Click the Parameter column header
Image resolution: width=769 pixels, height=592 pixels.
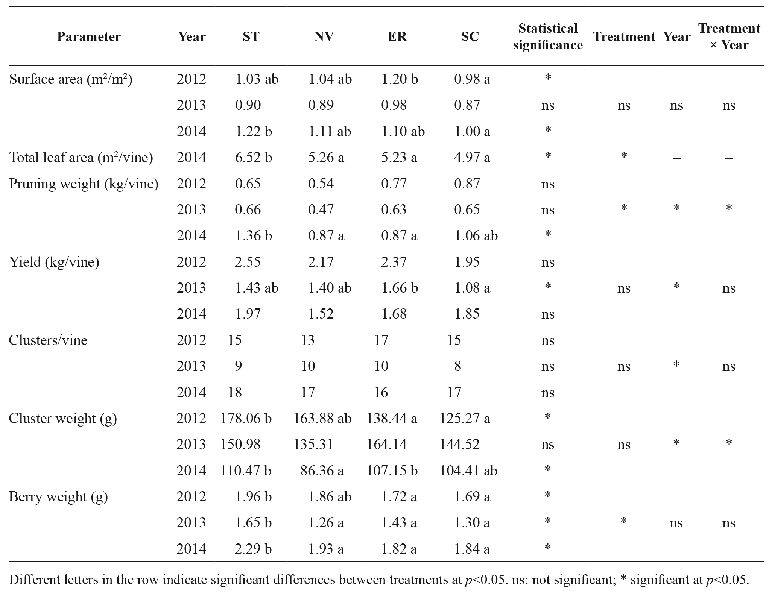(89, 37)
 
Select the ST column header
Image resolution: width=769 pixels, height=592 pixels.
(251, 37)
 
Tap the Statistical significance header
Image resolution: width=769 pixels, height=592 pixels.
(548, 37)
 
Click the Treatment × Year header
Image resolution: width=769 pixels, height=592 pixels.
(729, 37)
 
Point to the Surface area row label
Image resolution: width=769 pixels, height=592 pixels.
(71, 79)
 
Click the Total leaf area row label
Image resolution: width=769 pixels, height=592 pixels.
(81, 157)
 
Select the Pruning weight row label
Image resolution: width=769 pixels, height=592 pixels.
(84, 184)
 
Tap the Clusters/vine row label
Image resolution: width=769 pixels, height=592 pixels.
(48, 340)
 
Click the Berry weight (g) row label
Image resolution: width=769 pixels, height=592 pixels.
(58, 497)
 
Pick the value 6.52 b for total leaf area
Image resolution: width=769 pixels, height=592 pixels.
(253, 157)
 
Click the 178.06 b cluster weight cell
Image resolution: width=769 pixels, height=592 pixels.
(246, 418)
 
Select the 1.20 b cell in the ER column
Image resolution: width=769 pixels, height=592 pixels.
(400, 79)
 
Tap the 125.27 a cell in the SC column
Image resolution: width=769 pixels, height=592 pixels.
(465, 418)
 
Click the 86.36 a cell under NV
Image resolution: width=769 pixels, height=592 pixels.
(322, 471)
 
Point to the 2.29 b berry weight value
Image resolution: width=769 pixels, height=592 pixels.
(253, 549)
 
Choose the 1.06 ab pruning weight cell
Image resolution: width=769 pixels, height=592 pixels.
(476, 235)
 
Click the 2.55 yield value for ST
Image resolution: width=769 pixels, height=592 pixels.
(248, 262)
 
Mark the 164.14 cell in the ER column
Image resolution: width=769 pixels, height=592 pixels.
(387, 445)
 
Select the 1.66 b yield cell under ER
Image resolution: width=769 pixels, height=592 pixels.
(400, 288)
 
